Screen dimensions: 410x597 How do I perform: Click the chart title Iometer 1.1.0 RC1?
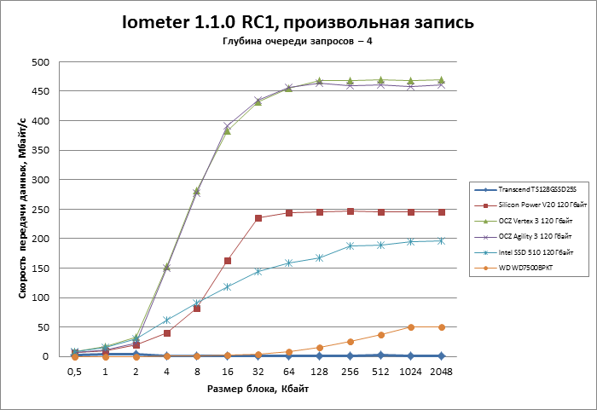pyautogui.click(x=298, y=22)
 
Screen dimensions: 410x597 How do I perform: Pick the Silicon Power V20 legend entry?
pyautogui.click(x=528, y=205)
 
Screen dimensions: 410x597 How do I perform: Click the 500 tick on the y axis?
pyautogui.click(x=37, y=62)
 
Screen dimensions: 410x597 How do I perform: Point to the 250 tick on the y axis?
pyautogui.click(x=37, y=210)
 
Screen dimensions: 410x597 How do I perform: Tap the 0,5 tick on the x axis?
pyautogui.click(x=75, y=372)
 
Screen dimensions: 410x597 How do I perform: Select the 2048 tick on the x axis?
pyautogui.click(x=441, y=372)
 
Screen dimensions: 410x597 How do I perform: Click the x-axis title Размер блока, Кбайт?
pyautogui.click(x=258, y=390)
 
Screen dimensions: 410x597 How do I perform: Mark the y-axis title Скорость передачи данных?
pyautogui.click(x=20, y=209)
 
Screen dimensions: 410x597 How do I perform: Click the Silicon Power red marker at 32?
pyautogui.click(x=258, y=218)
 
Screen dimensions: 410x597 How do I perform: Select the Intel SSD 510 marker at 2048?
pyautogui.click(x=441, y=240)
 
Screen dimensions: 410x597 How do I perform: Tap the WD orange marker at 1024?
pyautogui.click(x=410, y=327)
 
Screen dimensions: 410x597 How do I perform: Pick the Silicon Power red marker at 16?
pyautogui.click(x=228, y=261)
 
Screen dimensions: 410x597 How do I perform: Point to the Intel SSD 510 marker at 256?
pyautogui.click(x=350, y=245)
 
